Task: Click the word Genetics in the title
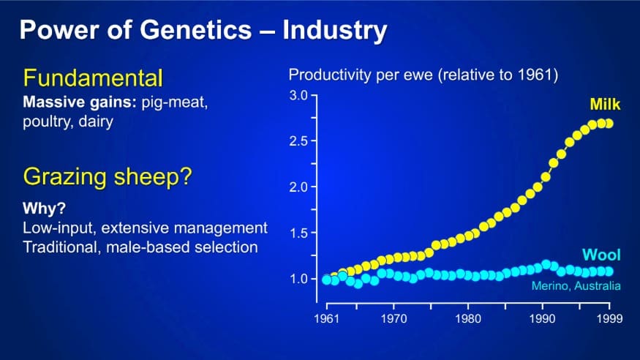[x=195, y=30]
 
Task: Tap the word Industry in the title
[x=335, y=31]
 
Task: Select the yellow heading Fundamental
[x=93, y=78]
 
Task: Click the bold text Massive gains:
[x=80, y=102]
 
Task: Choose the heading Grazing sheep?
[x=108, y=177]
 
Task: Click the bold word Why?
[x=44, y=208]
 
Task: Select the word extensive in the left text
[x=135, y=228]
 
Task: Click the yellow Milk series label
[x=605, y=105]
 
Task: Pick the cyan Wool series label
[x=601, y=255]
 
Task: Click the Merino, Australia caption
[x=576, y=285]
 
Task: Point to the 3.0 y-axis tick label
[x=298, y=95]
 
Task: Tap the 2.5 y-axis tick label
[x=298, y=141]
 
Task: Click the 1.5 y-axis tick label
[x=298, y=233]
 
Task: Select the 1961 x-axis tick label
[x=326, y=318]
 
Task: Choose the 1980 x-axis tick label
[x=468, y=318]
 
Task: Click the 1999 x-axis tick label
[x=609, y=318]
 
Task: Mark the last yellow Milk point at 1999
[x=609, y=123]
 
